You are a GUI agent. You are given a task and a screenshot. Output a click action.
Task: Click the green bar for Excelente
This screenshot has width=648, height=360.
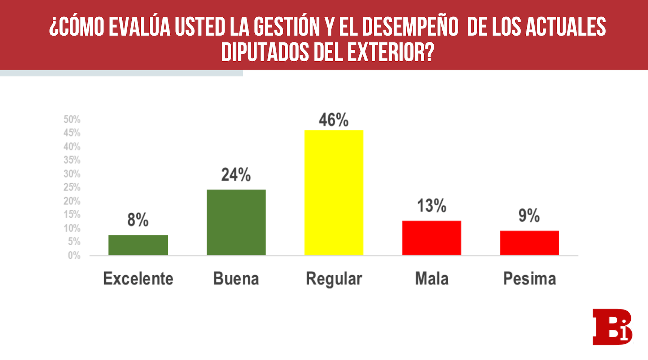[x=138, y=245]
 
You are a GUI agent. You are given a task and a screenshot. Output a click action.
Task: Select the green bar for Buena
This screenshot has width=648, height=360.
[x=236, y=222]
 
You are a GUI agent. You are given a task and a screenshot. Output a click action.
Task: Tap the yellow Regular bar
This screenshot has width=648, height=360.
[x=334, y=193]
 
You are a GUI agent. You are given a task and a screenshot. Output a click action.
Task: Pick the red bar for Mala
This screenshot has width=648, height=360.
[x=432, y=238]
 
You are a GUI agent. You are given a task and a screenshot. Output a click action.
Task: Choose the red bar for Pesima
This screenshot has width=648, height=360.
[x=529, y=243]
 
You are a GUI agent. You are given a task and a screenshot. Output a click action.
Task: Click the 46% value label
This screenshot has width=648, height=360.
[x=334, y=120]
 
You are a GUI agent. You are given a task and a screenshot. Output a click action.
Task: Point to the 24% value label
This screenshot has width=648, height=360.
[x=236, y=175]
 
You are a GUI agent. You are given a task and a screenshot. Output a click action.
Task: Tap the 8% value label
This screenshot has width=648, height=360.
[x=138, y=220]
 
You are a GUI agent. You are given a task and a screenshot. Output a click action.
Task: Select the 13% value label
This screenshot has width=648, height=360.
[x=432, y=206]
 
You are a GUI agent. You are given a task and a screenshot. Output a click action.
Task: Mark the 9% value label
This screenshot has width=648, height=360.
[x=529, y=216]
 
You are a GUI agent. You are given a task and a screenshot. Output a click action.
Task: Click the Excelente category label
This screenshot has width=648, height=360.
[x=138, y=279]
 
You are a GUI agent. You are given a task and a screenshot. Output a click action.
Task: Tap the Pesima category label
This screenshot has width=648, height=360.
[x=529, y=279]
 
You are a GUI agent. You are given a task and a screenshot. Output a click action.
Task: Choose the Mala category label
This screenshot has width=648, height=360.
[x=432, y=279]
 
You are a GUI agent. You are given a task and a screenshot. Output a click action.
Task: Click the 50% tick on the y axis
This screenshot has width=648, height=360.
[x=72, y=119]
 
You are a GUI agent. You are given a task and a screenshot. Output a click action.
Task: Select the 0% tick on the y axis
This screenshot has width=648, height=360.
[x=74, y=255]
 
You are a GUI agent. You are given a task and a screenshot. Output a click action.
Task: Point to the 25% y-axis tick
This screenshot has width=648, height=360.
[x=72, y=187]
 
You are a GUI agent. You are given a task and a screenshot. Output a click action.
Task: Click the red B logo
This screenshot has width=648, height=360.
[x=612, y=327]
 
